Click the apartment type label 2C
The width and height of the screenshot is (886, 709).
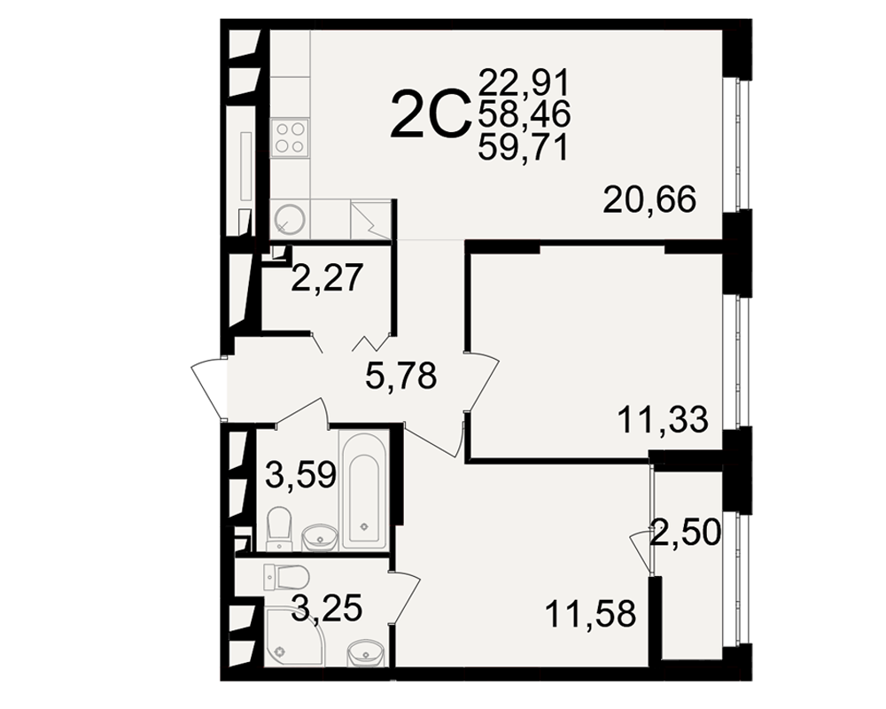point(431,116)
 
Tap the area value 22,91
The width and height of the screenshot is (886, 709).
point(524,83)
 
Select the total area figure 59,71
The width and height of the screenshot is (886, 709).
point(524,149)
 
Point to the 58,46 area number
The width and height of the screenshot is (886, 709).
point(525,115)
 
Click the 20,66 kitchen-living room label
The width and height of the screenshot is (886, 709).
point(649,200)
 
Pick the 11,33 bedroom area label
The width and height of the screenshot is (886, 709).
point(664,420)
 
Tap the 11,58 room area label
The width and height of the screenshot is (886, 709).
point(591,614)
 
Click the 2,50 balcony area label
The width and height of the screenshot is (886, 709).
point(686,533)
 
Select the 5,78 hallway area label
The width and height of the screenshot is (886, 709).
point(401,376)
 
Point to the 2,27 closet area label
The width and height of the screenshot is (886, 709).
point(327,277)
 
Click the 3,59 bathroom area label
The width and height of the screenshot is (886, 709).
point(301,475)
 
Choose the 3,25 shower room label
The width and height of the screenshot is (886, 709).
point(327,609)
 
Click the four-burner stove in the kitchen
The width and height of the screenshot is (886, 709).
point(290,137)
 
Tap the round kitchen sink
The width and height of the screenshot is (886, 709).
point(290,218)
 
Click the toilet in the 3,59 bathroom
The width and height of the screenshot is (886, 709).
point(278,527)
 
